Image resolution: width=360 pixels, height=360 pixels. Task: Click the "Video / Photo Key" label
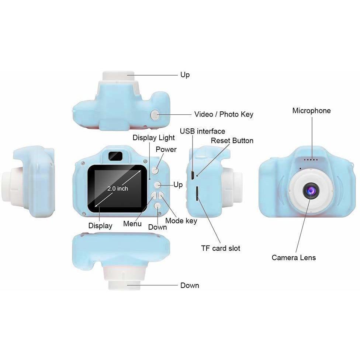(224, 114)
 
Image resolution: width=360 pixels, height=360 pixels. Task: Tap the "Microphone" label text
(311, 111)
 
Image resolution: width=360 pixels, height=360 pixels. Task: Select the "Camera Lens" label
(294, 257)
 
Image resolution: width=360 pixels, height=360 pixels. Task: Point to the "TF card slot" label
(221, 248)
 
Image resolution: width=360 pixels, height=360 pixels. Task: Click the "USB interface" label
(202, 131)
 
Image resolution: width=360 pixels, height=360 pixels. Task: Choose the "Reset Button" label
(232, 141)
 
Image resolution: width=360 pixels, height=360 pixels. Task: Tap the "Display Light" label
(153, 138)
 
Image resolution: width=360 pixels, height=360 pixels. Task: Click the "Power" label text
(166, 149)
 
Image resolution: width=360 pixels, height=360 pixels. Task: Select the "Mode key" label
(181, 221)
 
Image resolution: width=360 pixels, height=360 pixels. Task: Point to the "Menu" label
(132, 224)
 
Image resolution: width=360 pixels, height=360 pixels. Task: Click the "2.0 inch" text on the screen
(118, 188)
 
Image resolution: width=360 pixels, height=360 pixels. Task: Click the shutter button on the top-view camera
(155, 115)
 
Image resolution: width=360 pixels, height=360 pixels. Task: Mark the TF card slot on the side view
(197, 194)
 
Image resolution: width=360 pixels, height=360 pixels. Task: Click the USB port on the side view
(193, 176)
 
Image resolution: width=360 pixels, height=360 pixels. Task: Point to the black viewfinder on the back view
(115, 156)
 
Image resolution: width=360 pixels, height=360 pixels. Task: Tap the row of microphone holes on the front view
(311, 160)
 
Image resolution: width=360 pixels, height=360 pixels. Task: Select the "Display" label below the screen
(100, 226)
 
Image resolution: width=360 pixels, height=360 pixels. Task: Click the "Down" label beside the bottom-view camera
(190, 285)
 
